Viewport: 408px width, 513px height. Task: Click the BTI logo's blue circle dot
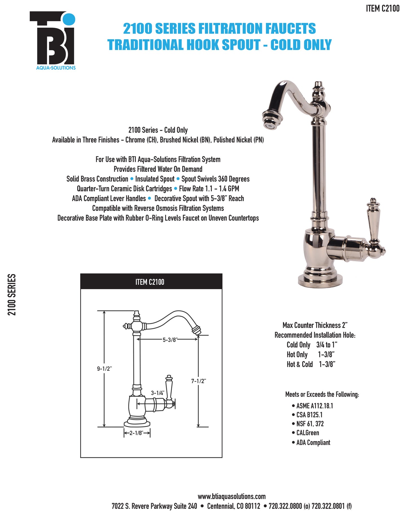pyautogui.click(x=69, y=19)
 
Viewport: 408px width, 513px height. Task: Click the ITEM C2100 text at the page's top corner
pyautogui.click(x=383, y=8)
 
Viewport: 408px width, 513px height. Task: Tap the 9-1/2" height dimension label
pyautogui.click(x=104, y=369)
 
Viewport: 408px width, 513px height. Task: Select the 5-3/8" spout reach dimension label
pyautogui.click(x=169, y=340)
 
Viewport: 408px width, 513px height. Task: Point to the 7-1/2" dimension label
pyautogui.click(x=198, y=381)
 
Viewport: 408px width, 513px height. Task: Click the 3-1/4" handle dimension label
pyautogui.click(x=157, y=393)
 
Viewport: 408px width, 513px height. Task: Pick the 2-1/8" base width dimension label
pyautogui.click(x=136, y=433)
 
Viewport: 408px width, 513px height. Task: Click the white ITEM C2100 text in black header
pyautogui.click(x=150, y=282)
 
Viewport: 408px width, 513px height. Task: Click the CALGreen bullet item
pyautogui.click(x=307, y=433)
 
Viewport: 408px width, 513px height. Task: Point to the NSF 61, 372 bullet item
pyautogui.click(x=310, y=424)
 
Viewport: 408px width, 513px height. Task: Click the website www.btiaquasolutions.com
pyautogui.click(x=232, y=496)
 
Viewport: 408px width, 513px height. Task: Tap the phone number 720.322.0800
pyautogui.click(x=285, y=506)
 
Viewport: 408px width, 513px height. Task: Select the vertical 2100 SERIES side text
pyautogui.click(x=12, y=295)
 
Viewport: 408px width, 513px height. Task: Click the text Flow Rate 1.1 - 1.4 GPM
pyautogui.click(x=209, y=189)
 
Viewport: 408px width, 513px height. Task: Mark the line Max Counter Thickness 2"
pyautogui.click(x=315, y=325)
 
